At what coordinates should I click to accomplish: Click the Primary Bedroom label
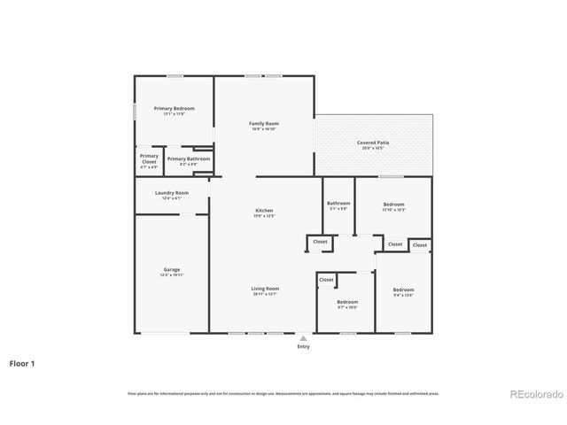tap(174, 108)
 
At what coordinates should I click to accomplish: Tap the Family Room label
tap(264, 123)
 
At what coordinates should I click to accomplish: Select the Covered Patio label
tap(373, 142)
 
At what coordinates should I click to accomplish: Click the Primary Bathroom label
tap(189, 158)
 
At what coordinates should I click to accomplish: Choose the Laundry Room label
tap(172, 192)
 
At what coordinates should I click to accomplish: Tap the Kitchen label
tap(265, 210)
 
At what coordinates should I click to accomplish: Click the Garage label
tap(172, 269)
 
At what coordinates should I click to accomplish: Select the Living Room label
tap(265, 288)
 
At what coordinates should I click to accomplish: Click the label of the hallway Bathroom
tap(338, 203)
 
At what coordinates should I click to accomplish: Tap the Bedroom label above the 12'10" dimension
tap(393, 203)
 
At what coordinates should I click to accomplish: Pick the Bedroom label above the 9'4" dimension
tap(403, 290)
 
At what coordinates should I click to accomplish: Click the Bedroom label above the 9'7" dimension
tap(346, 301)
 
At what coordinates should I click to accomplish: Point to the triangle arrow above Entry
tap(304, 337)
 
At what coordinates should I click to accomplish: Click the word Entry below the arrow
tap(304, 346)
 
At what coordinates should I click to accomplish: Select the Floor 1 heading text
tap(22, 363)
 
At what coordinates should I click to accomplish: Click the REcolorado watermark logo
tap(535, 393)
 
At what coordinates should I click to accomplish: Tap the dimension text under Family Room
tap(264, 129)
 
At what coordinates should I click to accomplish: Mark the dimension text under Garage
tap(172, 275)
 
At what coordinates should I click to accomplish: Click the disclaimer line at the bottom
tap(283, 393)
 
